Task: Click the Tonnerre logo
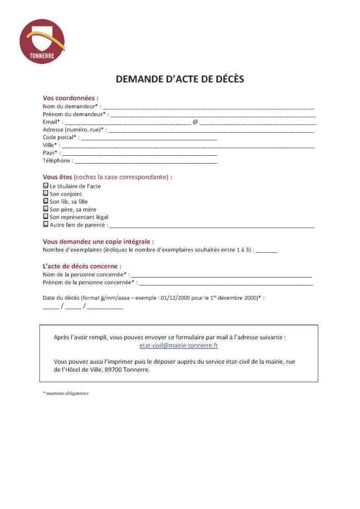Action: pyautogui.click(x=42, y=41)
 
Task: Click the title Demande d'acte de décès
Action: pyautogui.click(x=180, y=79)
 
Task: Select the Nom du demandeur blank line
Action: pyautogui.click(x=211, y=107)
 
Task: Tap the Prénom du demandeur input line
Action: pyautogui.click(x=214, y=115)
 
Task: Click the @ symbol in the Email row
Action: pyautogui.click(x=195, y=122)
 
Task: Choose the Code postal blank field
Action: pyautogui.click(x=148, y=138)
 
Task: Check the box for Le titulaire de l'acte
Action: pyautogui.click(x=45, y=185)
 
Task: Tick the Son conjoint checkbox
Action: pyautogui.click(x=45, y=193)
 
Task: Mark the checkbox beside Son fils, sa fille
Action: pyautogui.click(x=45, y=201)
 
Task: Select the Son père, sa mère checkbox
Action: pyautogui.click(x=45, y=208)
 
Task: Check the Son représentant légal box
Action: pyautogui.click(x=45, y=216)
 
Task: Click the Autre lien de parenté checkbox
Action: pyautogui.click(x=45, y=224)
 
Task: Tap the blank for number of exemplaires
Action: pyautogui.click(x=267, y=251)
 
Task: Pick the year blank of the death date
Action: pyautogui.click(x=105, y=307)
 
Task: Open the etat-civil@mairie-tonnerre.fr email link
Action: pyautogui.click(x=179, y=345)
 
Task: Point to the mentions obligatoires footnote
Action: pyautogui.click(x=66, y=393)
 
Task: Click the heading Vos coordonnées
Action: pyautogui.click(x=70, y=98)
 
